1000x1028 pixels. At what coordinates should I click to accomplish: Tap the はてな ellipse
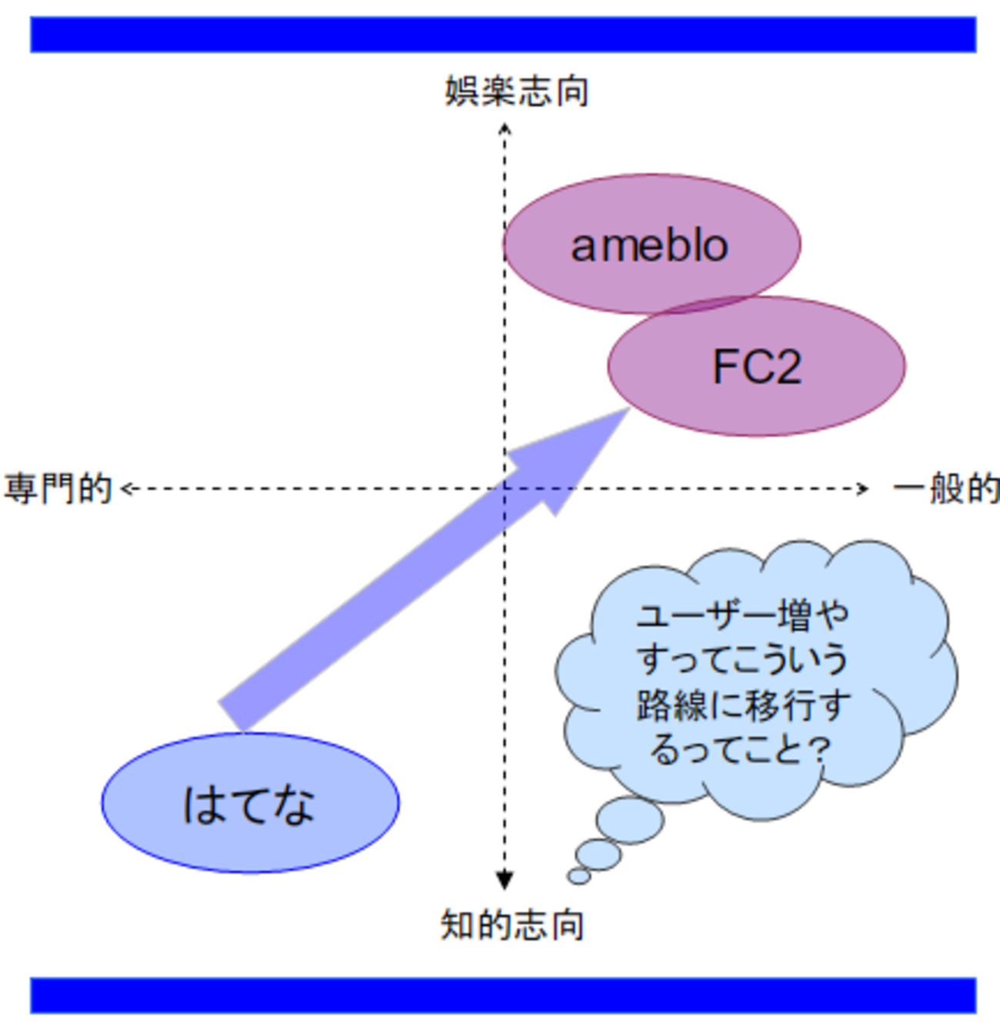point(250,803)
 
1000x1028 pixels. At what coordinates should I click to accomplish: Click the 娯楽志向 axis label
point(517,92)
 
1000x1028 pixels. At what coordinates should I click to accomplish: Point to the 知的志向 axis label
point(512,924)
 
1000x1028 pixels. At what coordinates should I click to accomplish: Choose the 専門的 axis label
point(58,489)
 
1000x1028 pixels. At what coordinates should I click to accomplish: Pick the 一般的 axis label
point(946,489)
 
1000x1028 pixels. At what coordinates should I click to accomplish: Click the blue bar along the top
point(503,35)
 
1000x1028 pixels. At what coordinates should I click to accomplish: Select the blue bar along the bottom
point(503,995)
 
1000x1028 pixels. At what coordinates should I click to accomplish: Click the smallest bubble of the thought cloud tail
point(579,876)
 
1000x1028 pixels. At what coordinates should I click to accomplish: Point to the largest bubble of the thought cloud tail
point(630,819)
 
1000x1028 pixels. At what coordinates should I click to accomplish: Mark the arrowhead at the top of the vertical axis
point(505,129)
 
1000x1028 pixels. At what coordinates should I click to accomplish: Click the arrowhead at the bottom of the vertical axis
point(505,879)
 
